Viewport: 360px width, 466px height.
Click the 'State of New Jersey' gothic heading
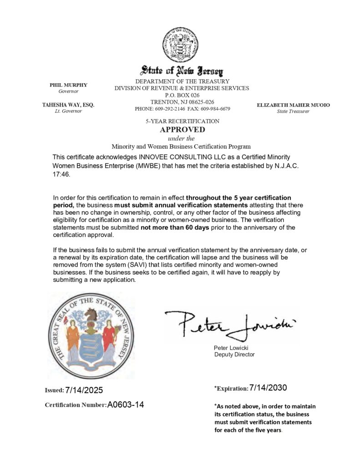coord(182,71)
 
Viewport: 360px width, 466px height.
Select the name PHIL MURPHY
coord(68,85)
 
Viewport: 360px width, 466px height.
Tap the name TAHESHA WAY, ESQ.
coord(68,105)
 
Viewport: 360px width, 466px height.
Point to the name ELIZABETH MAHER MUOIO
coord(293,105)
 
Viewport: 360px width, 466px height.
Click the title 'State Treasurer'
coord(293,111)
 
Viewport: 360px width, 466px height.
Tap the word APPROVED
coord(182,130)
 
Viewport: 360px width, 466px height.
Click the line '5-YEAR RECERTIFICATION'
coord(182,122)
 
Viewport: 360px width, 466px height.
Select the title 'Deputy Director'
coord(234,355)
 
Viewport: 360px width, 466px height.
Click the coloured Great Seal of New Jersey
coord(91,336)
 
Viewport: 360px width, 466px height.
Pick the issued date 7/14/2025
coord(84,390)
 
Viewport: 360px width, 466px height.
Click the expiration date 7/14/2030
coord(268,388)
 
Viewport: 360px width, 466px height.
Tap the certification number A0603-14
coord(126,405)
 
